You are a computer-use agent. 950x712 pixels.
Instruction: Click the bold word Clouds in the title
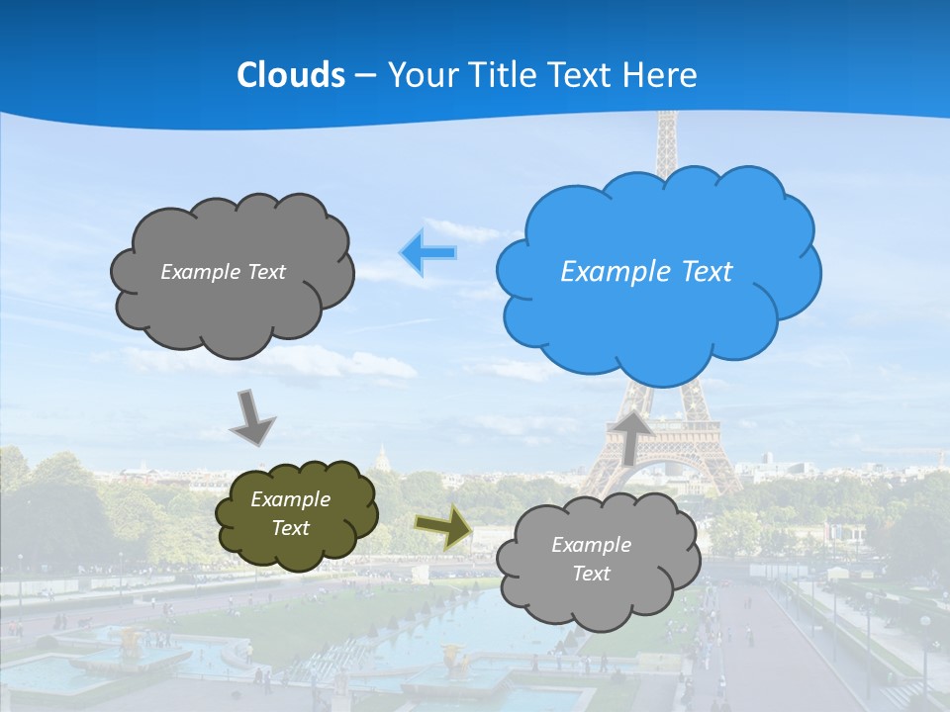coord(291,75)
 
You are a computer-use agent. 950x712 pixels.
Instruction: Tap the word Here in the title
coord(662,75)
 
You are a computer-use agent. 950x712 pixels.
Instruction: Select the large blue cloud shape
coord(658,272)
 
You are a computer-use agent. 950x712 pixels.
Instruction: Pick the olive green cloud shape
coord(296,514)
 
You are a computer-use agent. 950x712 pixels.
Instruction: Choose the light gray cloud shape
coord(597,560)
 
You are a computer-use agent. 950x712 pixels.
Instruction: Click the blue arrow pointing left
coord(428,252)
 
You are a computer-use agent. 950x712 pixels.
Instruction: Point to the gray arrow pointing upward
coord(630,437)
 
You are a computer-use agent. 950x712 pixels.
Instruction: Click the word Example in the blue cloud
coord(610,272)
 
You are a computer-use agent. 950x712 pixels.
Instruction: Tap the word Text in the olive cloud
coord(291,528)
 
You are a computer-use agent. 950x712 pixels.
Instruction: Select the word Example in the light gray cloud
coord(591,545)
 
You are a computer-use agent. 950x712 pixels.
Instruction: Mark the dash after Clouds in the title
coord(364,76)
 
